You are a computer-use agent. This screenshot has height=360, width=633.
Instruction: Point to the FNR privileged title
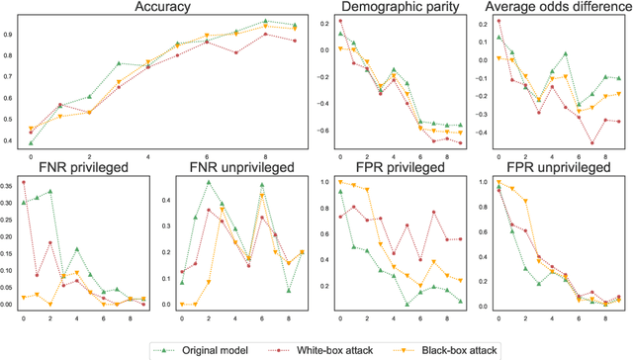(74, 166)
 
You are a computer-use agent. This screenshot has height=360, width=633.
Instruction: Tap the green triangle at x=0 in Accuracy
(30, 142)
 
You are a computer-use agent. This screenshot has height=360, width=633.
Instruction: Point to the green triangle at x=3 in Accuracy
(118, 63)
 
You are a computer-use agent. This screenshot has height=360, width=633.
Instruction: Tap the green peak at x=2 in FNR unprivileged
(208, 182)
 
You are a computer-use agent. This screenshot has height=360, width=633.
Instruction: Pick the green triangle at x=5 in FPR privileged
(407, 305)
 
